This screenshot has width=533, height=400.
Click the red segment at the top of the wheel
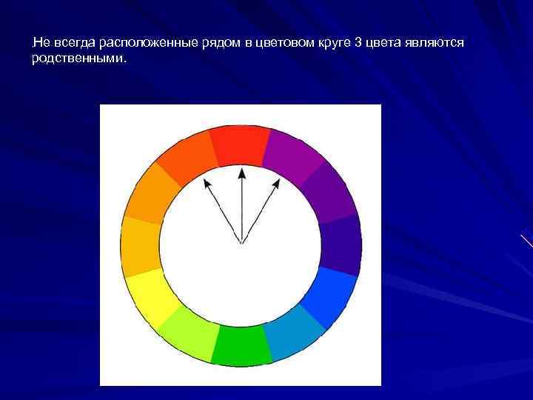pos(240,145)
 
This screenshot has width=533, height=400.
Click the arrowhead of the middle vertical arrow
pos(241,173)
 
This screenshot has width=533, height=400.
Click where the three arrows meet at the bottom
pos(241,242)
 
